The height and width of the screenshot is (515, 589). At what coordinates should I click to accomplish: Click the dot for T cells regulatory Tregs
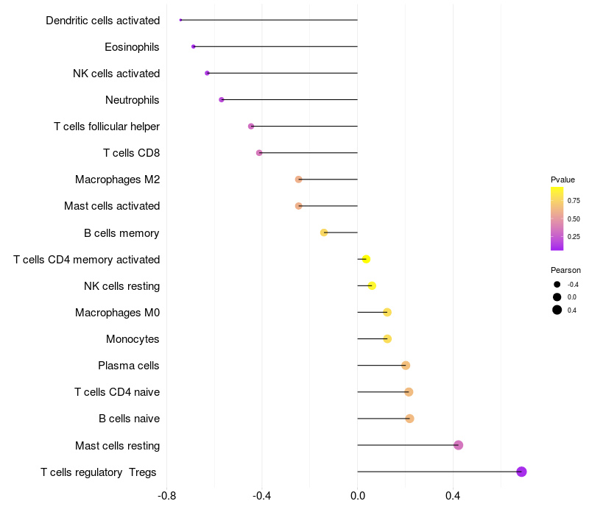click(x=521, y=472)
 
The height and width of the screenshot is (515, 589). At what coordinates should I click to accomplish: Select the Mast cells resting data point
click(x=458, y=445)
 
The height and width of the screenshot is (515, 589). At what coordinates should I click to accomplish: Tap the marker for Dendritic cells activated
click(x=180, y=20)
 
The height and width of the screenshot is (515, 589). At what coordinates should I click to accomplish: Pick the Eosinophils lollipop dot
click(x=194, y=46)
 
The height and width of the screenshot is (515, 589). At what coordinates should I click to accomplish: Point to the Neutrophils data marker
click(x=222, y=99)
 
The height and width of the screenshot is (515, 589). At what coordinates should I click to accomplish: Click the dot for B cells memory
click(x=324, y=232)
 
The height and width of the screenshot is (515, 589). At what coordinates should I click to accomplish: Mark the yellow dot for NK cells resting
click(x=372, y=285)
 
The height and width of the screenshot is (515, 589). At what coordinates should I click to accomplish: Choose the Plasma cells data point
click(x=406, y=366)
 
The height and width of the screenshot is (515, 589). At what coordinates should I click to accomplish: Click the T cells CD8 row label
click(x=131, y=153)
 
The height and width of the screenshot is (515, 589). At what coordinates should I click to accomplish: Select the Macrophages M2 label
click(x=117, y=180)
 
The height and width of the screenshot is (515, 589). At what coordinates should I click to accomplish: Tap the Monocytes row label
click(x=133, y=339)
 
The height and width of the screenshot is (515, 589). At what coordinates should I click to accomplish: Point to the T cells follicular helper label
click(x=107, y=127)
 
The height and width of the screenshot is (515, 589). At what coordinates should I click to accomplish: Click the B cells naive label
click(x=129, y=419)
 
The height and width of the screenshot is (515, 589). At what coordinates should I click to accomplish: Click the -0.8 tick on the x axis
click(x=167, y=496)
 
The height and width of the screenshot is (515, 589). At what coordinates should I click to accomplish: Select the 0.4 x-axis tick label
click(x=453, y=496)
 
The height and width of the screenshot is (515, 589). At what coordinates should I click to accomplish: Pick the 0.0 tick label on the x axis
click(x=358, y=496)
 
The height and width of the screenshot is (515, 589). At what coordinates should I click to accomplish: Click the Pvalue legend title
click(x=562, y=180)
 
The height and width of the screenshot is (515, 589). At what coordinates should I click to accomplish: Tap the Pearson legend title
click(x=565, y=270)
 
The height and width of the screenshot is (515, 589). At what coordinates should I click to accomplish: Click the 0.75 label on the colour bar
click(x=574, y=200)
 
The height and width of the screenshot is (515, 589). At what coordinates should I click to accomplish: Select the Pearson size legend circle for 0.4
click(x=557, y=310)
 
